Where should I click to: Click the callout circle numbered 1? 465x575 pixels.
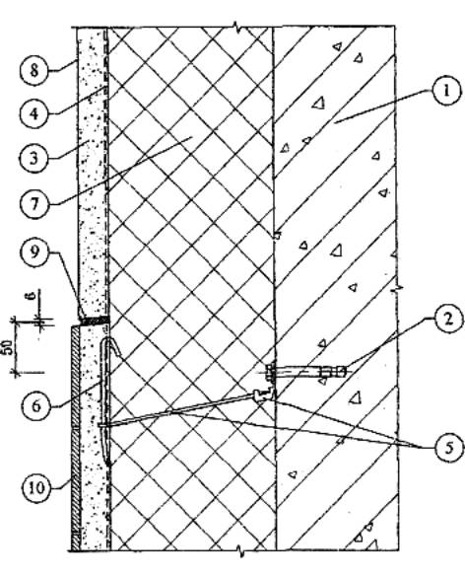[446, 92]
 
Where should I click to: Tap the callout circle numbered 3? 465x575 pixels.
[33, 159]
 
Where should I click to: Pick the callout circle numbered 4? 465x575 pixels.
[33, 113]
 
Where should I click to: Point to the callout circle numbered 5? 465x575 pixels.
[449, 448]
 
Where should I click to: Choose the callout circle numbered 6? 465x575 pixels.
[35, 406]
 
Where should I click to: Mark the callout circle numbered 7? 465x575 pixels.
[33, 204]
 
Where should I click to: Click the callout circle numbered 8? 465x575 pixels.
[33, 70]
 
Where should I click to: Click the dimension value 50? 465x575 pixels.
[10, 347]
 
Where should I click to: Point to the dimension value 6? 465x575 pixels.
[32, 295]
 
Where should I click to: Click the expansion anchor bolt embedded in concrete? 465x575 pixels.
[307, 372]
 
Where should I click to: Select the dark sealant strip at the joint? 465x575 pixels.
[95, 321]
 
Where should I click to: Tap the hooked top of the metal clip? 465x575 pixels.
[113, 346]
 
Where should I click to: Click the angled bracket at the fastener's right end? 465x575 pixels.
[264, 395]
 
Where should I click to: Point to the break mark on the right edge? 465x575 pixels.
[396, 288]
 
